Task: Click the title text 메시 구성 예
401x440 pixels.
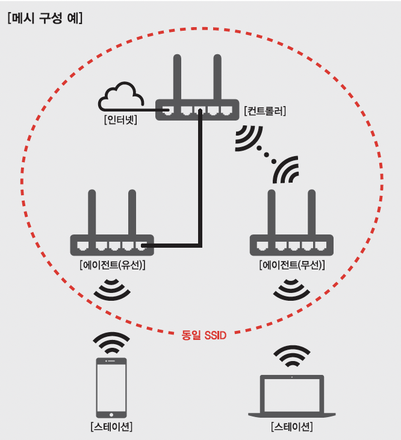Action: coord(45,19)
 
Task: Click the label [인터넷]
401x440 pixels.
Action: coord(120,120)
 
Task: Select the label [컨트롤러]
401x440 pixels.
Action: coord(265,111)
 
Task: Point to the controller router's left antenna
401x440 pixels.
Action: coord(177,77)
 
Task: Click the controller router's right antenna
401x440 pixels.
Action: coord(217,77)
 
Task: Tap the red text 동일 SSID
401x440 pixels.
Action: coord(204,335)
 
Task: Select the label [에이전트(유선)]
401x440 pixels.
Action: coord(113,265)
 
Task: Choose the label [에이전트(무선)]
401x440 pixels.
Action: coord(292,265)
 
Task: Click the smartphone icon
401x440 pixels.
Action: coord(111,388)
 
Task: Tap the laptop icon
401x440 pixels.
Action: coord(291,396)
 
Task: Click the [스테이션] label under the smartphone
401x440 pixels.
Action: coord(111,427)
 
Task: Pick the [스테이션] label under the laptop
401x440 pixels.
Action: coord(291,427)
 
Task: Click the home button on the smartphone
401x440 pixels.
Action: coord(111,415)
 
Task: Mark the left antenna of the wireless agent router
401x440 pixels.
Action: coord(272,212)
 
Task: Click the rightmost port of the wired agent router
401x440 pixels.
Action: coord(141,245)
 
